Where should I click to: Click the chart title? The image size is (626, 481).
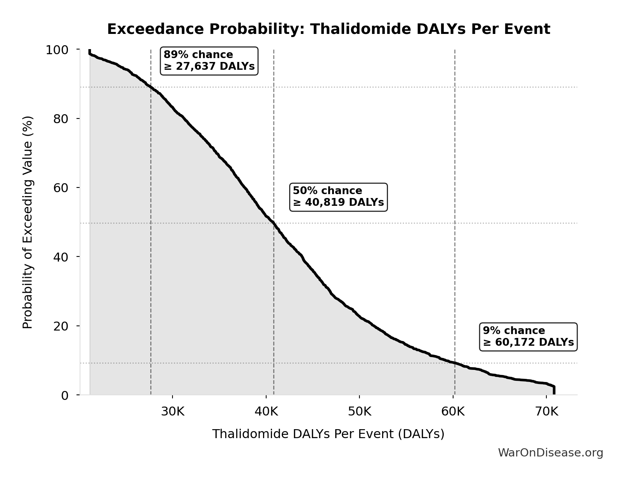click(328, 29)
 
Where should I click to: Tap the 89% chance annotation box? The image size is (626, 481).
click(209, 60)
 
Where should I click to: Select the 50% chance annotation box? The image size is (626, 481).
click(338, 196)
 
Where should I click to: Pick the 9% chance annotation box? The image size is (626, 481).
click(528, 336)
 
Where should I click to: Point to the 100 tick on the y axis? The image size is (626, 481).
click(57, 50)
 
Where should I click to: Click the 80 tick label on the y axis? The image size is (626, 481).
click(60, 118)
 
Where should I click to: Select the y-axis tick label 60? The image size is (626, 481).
click(60, 187)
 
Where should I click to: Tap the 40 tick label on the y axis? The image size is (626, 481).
click(60, 256)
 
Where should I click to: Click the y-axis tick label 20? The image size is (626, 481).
click(60, 326)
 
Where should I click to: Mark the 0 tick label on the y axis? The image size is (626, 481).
click(64, 395)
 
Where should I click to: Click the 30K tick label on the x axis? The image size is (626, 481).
click(173, 412)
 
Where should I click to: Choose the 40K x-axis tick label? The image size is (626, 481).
click(266, 412)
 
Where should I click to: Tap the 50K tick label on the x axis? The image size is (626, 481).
click(359, 412)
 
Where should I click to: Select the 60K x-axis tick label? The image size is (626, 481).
click(453, 412)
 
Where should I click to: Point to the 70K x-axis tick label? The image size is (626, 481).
click(546, 412)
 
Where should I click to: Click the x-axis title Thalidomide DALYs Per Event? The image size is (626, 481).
click(328, 434)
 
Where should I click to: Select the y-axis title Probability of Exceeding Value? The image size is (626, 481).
click(27, 222)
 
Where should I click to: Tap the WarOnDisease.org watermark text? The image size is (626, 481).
click(550, 453)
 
